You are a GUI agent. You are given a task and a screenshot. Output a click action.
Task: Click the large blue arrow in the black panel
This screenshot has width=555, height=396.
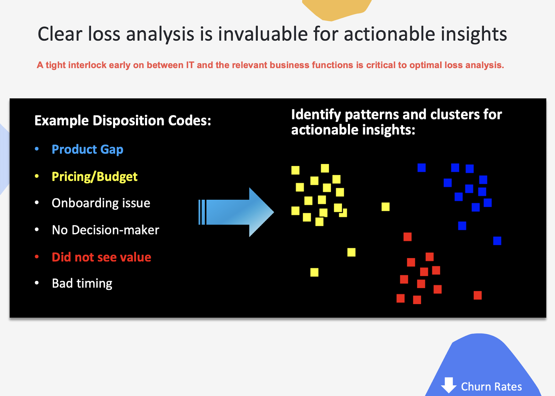[x=236, y=212]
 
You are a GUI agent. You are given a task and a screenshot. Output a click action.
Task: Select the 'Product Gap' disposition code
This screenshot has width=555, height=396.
[x=87, y=149]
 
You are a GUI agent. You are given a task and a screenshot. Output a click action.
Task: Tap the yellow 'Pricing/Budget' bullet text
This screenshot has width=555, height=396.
[x=94, y=177]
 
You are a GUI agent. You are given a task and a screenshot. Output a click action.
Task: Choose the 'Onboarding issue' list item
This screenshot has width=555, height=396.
[x=101, y=203]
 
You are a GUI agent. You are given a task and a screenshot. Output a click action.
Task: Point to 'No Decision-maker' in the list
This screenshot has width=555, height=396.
[x=105, y=230]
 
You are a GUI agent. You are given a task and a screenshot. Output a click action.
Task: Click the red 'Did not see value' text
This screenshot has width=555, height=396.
[x=101, y=257]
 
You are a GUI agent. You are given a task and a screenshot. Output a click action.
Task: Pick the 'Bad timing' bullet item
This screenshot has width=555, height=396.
[x=82, y=283]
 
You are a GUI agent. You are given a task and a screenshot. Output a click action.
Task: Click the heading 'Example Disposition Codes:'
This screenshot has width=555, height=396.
[x=123, y=121]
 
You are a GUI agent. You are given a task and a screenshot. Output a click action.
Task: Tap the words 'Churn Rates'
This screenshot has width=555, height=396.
[x=491, y=387]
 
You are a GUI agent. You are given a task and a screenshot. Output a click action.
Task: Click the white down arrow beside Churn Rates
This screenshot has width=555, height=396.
[x=449, y=385]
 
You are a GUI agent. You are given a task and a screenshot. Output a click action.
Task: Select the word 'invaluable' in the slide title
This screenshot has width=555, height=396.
[x=263, y=34]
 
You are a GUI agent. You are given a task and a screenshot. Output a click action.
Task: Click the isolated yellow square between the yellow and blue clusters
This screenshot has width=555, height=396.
[x=385, y=207]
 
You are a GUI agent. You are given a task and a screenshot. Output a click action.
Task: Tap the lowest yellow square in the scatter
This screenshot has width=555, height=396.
[x=314, y=273]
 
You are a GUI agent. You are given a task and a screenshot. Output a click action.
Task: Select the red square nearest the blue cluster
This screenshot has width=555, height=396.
[x=408, y=237]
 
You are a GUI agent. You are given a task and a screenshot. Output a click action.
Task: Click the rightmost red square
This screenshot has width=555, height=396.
[x=478, y=295]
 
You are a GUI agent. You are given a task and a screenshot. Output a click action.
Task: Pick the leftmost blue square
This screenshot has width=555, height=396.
[x=421, y=168]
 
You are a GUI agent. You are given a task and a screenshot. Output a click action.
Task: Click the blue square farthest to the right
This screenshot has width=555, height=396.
[x=497, y=241]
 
